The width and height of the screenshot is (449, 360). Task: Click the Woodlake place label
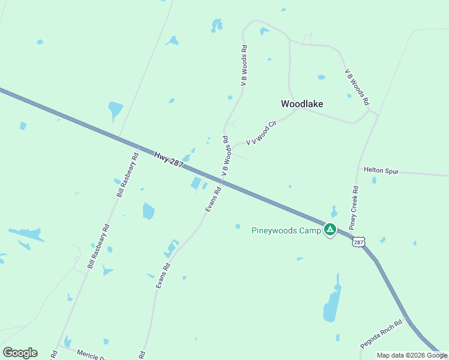302,104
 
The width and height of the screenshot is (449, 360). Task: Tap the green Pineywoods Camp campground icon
330,229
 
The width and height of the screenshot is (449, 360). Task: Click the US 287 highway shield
358,241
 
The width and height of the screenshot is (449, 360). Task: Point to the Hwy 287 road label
168,159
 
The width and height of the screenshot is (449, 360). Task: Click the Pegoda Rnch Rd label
381,334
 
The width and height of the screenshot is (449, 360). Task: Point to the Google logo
20,353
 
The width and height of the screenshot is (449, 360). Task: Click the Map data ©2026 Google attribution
411,355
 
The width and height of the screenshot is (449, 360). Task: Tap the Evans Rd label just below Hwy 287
213,199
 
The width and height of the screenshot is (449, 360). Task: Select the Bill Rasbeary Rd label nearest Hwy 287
127,175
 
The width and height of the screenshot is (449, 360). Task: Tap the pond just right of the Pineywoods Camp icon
334,212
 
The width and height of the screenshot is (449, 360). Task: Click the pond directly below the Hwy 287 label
196,183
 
